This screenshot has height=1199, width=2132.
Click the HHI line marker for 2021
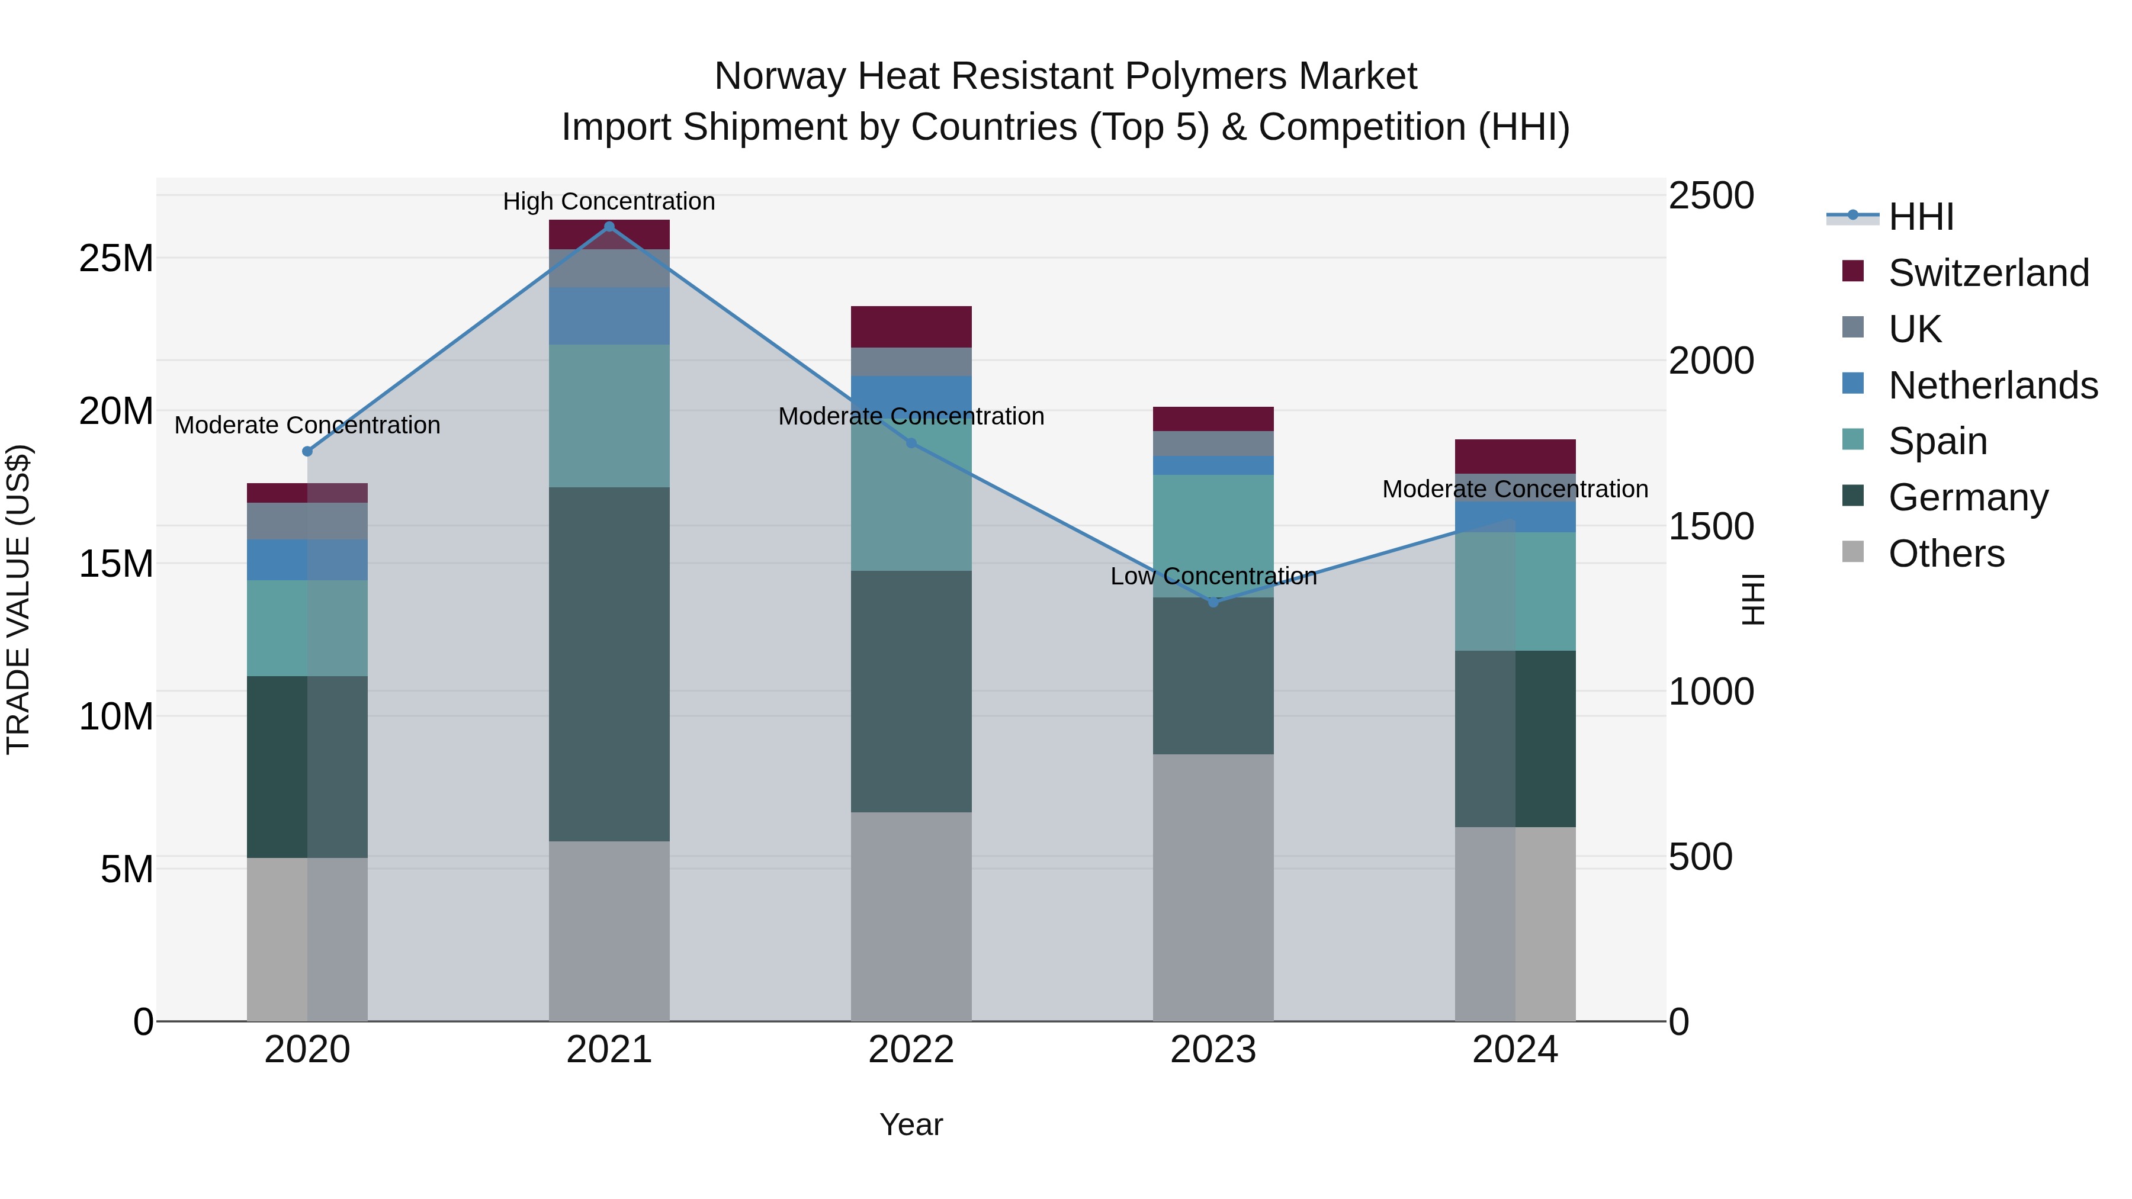(x=609, y=227)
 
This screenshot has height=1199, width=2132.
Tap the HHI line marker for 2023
(x=1213, y=602)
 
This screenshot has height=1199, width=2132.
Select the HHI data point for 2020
(x=307, y=451)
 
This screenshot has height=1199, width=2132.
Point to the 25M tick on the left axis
(x=116, y=259)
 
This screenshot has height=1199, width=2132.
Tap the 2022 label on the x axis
(x=911, y=1050)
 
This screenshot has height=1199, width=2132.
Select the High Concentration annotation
(x=609, y=201)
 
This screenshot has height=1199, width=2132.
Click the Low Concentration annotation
(x=1213, y=576)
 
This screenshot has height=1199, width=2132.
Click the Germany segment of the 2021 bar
(x=609, y=664)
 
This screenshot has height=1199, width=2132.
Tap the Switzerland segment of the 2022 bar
(x=911, y=326)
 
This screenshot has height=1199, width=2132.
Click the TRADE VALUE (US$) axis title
(x=18, y=599)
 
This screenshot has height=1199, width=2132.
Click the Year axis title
(x=911, y=1124)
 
